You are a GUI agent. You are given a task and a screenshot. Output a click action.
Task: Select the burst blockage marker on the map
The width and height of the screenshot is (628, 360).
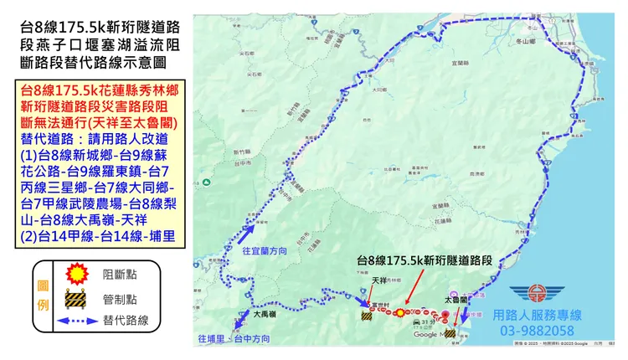tap(400, 312)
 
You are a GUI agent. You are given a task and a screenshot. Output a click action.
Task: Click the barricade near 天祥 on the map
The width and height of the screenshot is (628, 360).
tap(365, 316)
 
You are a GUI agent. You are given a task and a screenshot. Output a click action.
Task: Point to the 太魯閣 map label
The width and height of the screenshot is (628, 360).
tap(455, 298)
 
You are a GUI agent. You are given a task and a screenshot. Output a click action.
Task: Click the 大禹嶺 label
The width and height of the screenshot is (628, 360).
tap(263, 316)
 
